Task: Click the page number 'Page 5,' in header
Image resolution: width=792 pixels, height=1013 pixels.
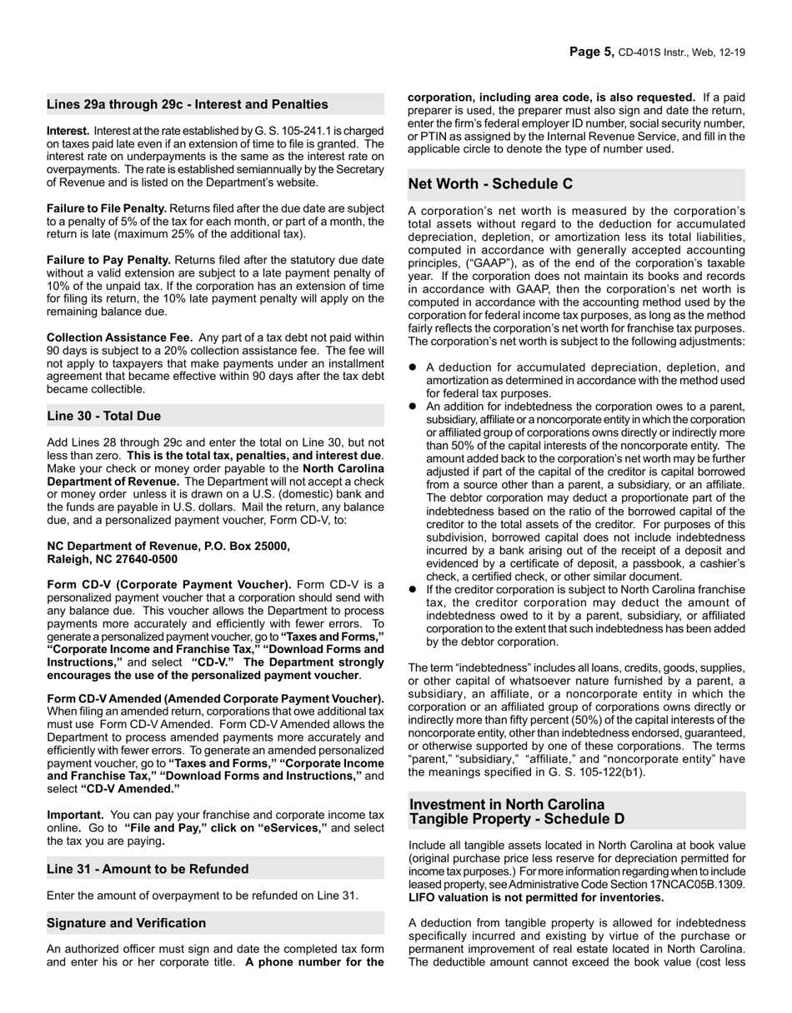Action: point(592,52)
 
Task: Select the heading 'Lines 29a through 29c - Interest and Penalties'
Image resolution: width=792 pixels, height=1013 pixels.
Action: point(188,104)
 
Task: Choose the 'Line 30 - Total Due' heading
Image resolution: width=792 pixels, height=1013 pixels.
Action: point(104,416)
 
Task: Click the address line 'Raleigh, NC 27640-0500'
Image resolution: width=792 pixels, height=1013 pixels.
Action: point(112,559)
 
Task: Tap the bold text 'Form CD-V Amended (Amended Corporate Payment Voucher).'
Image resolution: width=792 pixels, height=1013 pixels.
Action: point(215,698)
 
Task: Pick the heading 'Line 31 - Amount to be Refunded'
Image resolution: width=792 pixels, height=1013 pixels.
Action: point(148,869)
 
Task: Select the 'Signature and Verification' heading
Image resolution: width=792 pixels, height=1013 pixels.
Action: point(126,923)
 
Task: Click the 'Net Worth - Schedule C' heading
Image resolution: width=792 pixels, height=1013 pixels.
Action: point(490,184)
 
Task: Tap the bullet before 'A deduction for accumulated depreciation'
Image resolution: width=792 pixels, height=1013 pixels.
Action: point(413,367)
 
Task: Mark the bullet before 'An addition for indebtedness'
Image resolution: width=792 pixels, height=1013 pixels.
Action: point(413,406)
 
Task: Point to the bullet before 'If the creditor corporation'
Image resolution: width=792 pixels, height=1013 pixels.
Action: point(413,589)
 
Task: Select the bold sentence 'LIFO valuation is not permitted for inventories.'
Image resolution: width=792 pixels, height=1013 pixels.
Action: point(536,897)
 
